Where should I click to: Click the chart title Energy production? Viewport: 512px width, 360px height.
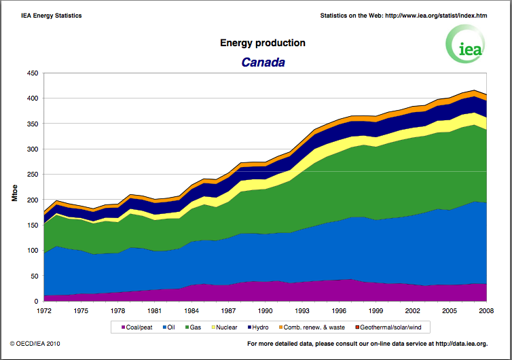coord(263,43)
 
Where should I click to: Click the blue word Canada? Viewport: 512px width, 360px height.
coord(263,62)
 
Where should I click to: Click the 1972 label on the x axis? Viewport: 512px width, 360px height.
coord(44,310)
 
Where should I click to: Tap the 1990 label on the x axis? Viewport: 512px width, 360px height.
coord(265,310)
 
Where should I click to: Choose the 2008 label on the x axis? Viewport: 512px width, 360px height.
coord(486,310)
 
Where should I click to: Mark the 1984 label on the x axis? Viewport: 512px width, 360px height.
coord(191,310)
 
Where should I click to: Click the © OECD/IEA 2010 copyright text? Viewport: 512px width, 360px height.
coord(41,344)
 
